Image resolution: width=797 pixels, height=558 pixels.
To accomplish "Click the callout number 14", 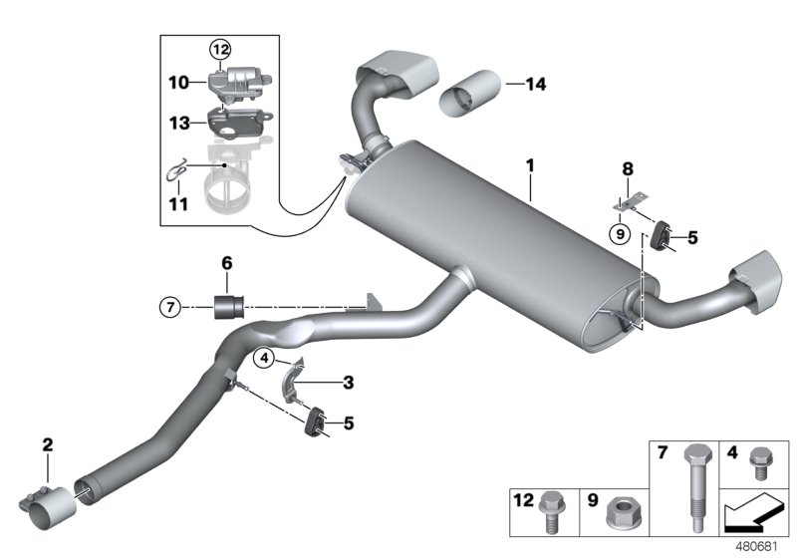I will tap(535, 85).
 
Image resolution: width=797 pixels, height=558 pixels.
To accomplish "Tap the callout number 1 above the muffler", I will tap(531, 163).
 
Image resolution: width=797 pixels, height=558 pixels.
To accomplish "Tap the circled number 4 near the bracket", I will tap(263, 357).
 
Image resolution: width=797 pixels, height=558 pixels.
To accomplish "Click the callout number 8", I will tap(627, 170).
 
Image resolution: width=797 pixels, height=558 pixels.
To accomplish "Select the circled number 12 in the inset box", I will tap(218, 50).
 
